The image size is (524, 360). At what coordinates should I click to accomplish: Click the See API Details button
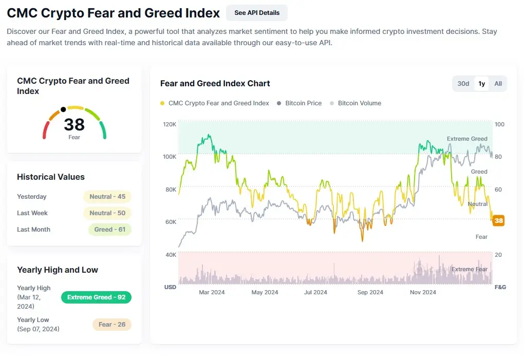pos(257,13)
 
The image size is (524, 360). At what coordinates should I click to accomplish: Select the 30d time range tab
pos(463,84)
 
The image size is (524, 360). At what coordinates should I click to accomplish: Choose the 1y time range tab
pos(481,84)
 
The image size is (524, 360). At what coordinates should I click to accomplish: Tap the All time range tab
pos(498,84)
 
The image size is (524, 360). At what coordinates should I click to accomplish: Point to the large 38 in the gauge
pos(74,124)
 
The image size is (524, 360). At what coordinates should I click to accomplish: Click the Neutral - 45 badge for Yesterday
pos(107,197)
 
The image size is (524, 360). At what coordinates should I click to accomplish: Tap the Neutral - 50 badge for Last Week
pos(107,213)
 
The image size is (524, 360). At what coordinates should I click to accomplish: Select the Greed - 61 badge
pos(110,230)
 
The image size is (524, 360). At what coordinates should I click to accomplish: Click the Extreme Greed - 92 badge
pos(96,297)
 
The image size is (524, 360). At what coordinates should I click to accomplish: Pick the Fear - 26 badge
pos(112,325)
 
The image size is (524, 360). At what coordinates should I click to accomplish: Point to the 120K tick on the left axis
pos(170,124)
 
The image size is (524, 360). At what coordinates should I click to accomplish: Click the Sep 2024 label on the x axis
pos(370,292)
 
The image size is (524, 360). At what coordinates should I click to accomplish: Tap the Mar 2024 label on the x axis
pos(212,292)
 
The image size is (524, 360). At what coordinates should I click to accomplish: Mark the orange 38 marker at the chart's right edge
pos(498,221)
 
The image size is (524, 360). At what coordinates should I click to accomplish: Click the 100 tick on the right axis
pos(499,124)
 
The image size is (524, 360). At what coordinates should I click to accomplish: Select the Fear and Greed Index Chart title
pos(215,84)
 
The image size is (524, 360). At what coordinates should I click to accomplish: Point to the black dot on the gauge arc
pos(63,109)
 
